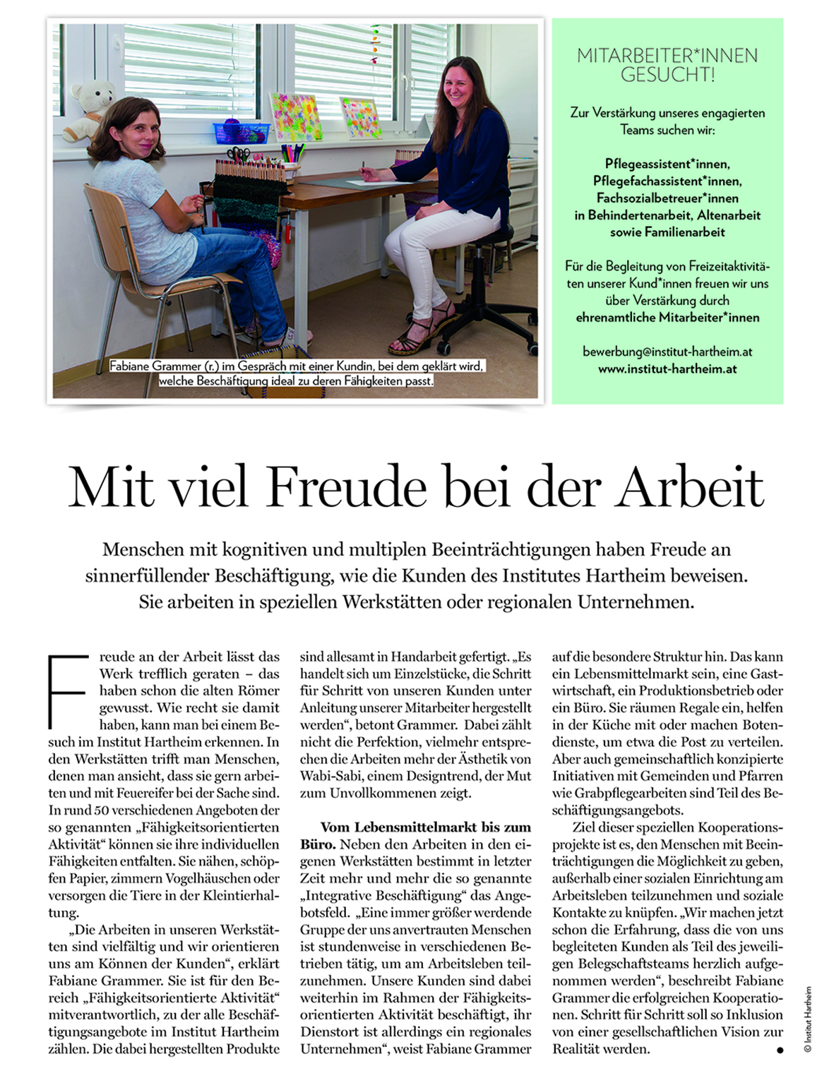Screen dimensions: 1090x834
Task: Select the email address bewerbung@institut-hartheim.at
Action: click(667, 351)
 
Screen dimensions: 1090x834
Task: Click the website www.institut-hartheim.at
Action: click(667, 369)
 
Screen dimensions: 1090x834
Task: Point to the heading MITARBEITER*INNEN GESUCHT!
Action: click(667, 65)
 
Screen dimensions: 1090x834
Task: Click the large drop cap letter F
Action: click(67, 692)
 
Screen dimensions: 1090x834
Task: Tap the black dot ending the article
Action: click(780, 1050)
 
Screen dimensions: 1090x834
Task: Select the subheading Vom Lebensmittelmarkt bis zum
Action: click(425, 827)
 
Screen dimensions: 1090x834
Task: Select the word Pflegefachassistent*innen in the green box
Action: click(667, 181)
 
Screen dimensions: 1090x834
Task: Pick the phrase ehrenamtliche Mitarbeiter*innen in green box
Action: click(667, 318)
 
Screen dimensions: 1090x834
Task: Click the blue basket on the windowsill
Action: click(242, 133)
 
